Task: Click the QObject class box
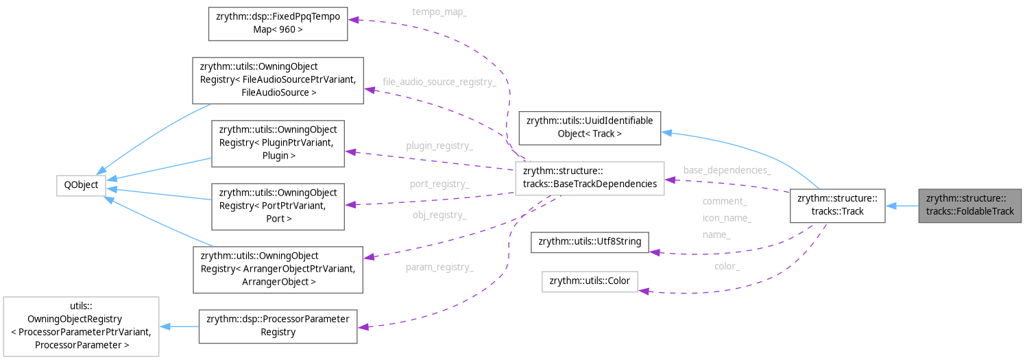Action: [x=80, y=184]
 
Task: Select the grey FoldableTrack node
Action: [x=969, y=205]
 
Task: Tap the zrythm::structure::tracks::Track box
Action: [x=837, y=205]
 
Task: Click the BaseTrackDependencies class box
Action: [x=589, y=178]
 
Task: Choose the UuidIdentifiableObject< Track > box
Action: [x=590, y=127]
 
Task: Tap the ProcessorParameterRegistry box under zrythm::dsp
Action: [x=278, y=326]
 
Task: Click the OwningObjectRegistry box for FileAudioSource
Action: [x=278, y=80]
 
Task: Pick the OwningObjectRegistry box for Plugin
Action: [x=278, y=143]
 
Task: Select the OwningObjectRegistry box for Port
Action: [x=278, y=206]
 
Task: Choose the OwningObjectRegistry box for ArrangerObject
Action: [x=278, y=268]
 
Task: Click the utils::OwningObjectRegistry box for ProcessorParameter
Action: [x=81, y=326]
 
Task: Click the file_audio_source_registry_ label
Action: [x=439, y=82]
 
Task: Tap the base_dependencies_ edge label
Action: [x=727, y=170]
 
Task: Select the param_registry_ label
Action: [x=439, y=267]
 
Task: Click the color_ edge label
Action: [x=727, y=266]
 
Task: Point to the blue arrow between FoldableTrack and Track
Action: [x=902, y=205]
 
